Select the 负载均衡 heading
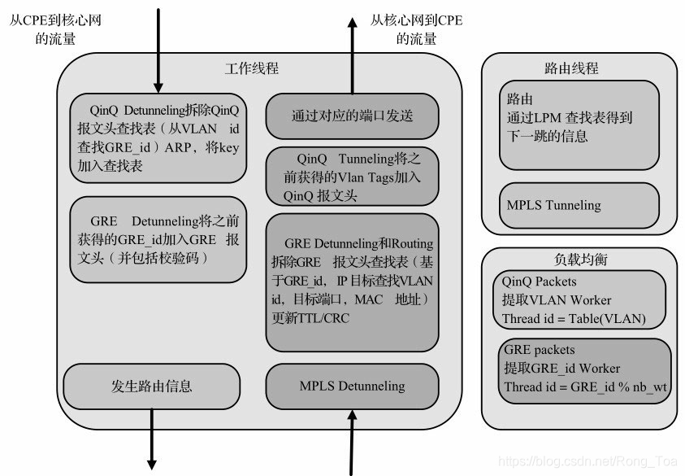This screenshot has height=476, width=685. point(579,260)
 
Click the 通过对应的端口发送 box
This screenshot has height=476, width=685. point(352,116)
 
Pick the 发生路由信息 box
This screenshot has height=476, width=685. point(153,385)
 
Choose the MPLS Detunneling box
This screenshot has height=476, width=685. point(352,385)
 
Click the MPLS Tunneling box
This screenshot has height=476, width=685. point(579,205)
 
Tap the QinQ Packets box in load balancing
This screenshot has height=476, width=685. point(579,299)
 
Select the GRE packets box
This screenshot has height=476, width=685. point(584,369)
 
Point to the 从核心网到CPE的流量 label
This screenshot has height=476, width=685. point(416,28)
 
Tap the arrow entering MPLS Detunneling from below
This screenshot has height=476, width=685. point(352,443)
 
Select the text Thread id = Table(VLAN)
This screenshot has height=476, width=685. point(574,318)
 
